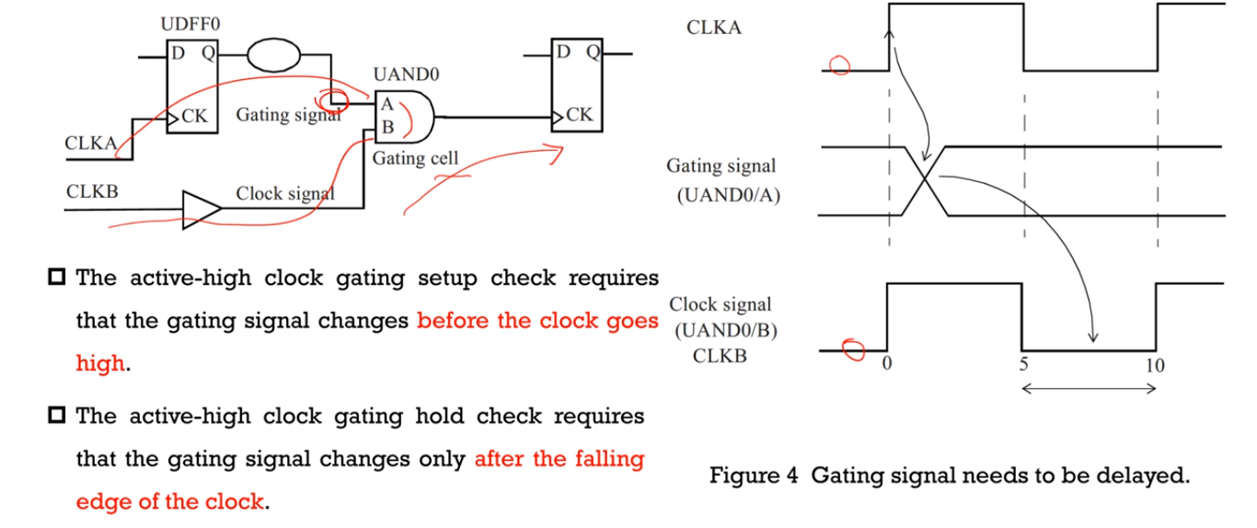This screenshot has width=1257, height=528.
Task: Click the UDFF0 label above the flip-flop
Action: point(191,23)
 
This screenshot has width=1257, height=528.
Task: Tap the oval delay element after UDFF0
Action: point(272,53)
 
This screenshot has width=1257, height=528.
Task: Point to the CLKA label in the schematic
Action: point(90,143)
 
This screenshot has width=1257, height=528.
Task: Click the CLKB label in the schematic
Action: point(91,192)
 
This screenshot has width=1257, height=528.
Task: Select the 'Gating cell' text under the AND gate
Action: point(415,158)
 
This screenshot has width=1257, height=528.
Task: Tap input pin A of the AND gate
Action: point(387,107)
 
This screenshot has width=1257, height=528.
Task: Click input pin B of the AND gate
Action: point(387,126)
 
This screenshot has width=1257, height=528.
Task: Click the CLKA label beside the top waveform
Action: point(714,28)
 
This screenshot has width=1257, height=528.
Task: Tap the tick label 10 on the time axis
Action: point(1155,365)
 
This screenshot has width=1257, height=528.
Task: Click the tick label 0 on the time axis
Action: point(886,363)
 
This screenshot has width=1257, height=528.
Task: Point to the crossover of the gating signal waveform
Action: point(924,180)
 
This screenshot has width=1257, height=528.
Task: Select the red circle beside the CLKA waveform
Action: point(839,65)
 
